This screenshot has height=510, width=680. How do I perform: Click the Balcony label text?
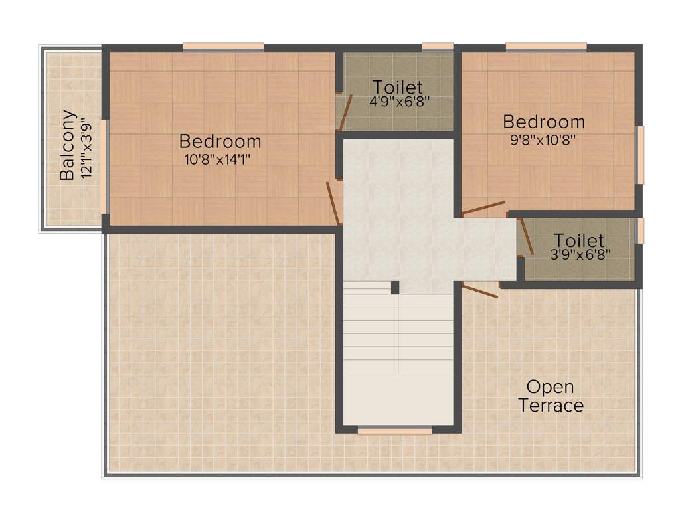coord(66,145)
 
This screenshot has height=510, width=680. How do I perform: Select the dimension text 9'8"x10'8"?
coord(543,139)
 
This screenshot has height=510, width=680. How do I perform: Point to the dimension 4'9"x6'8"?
coord(397,102)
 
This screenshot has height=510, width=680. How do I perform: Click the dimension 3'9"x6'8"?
coord(578,254)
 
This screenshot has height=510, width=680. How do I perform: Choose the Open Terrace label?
coord(551,396)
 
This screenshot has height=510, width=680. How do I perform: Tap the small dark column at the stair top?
coord(394,287)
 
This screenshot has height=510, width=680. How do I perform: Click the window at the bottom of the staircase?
coord(394,431)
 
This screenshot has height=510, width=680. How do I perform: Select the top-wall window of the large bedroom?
coord(223,47)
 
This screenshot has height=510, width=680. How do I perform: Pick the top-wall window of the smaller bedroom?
coord(546,47)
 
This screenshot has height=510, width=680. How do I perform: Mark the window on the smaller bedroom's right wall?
coord(640,155)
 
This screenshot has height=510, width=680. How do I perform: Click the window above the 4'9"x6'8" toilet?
coord(438,47)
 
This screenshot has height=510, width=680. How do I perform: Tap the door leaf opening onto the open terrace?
coord(479,290)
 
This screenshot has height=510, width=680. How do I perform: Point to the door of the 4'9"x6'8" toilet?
coord(344,112)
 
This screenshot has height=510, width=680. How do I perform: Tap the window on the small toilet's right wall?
coord(641,230)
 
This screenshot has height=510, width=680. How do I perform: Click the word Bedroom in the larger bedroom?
coord(220,141)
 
